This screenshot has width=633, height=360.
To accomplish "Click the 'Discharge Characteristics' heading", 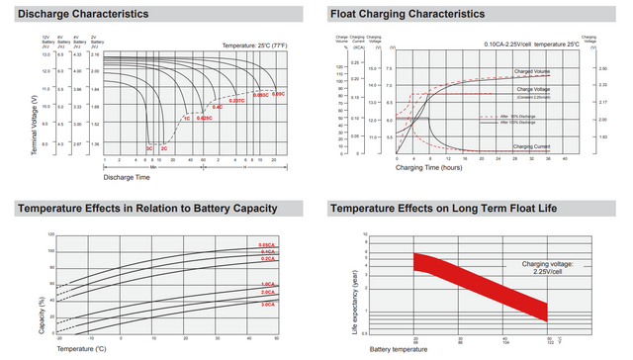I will pyautogui.click(x=84, y=14).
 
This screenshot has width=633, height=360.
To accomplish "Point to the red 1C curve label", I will pyautogui.click(x=186, y=118).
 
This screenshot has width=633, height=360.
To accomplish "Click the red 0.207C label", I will pyautogui.click(x=235, y=101).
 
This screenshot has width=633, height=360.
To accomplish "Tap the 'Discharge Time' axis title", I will pyautogui.click(x=126, y=177).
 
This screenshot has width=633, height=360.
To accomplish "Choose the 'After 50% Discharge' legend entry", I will pyautogui.click(x=518, y=116).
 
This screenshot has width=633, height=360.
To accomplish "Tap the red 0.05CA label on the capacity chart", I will pyautogui.click(x=267, y=244).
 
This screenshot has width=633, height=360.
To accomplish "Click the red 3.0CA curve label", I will pyautogui.click(x=267, y=304).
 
